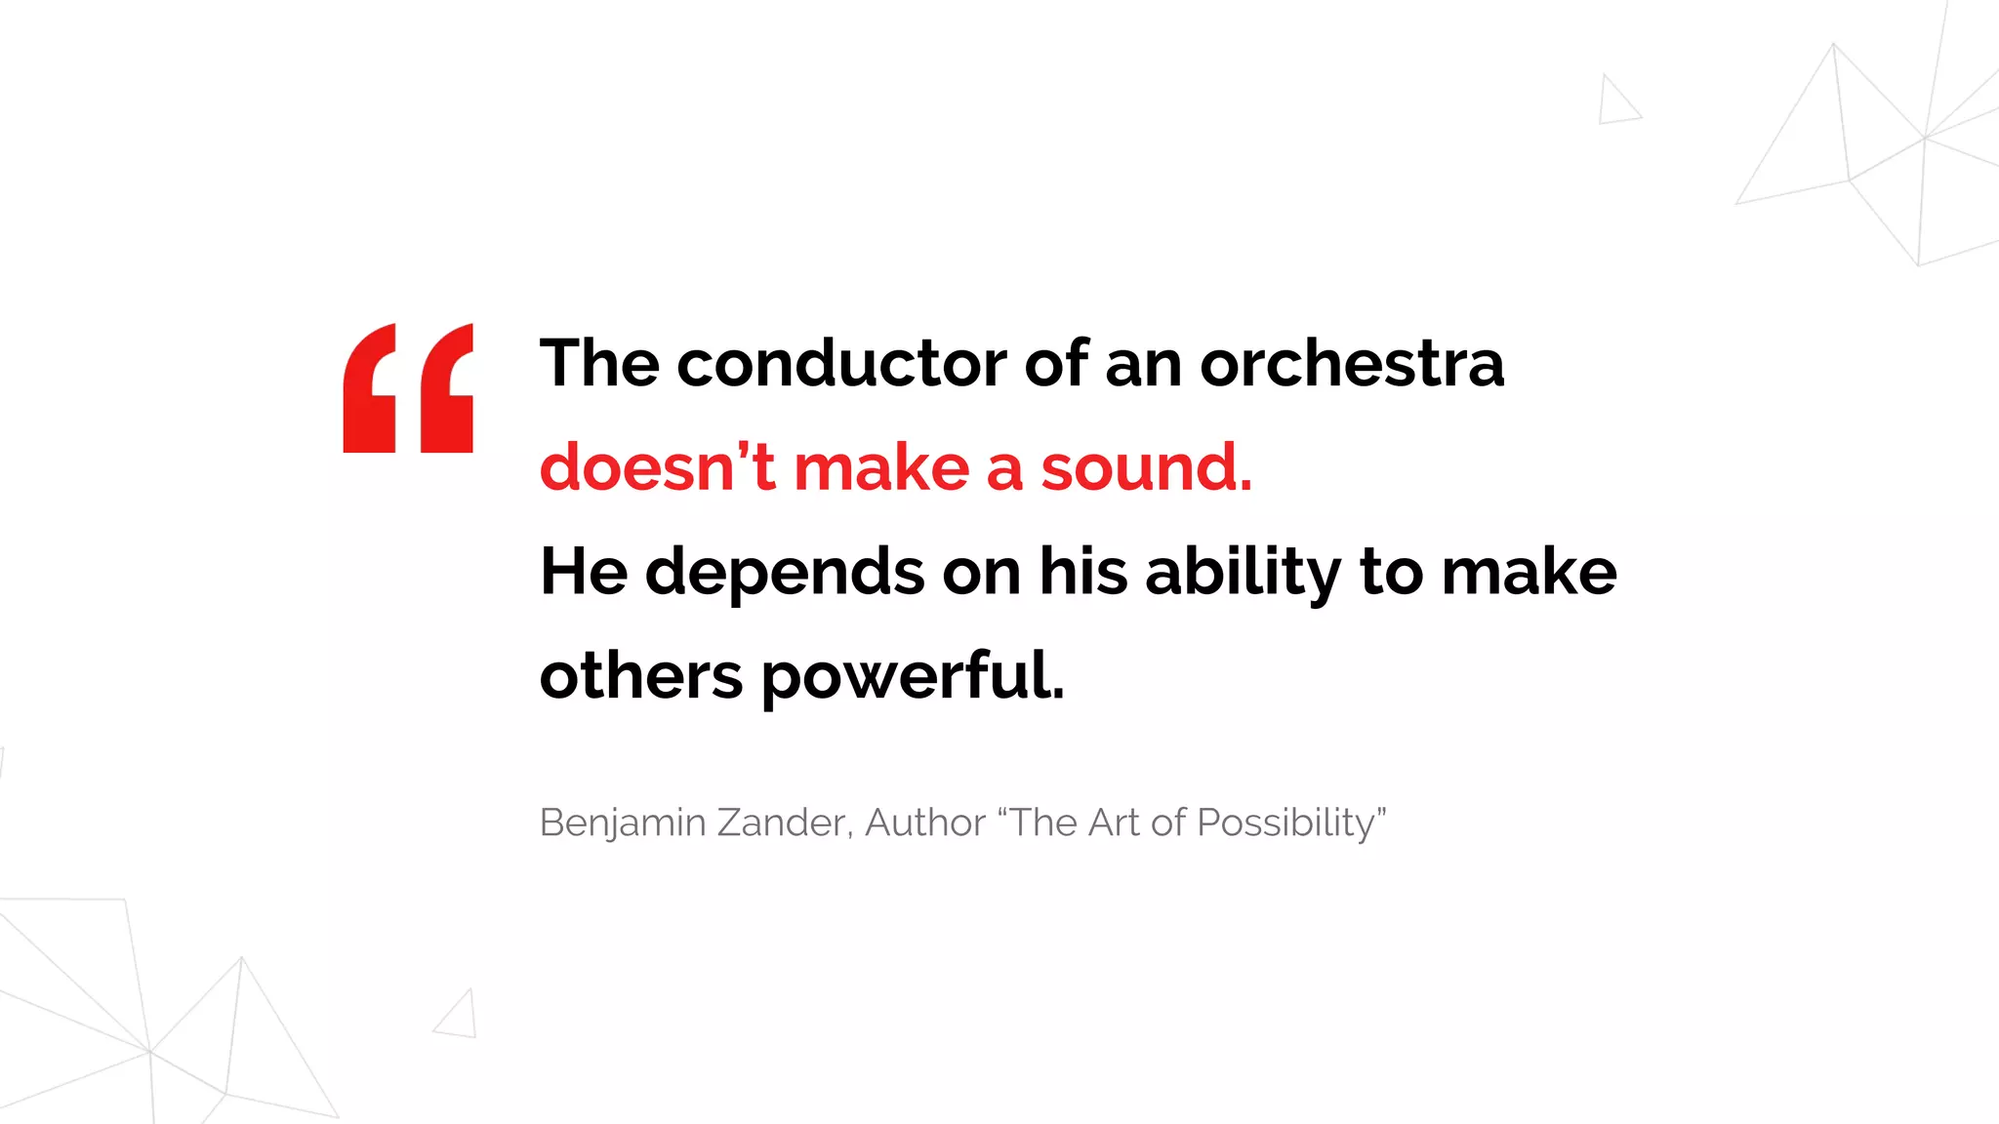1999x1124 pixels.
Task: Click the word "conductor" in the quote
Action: coord(841,364)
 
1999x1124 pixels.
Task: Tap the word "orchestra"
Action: coord(1352,364)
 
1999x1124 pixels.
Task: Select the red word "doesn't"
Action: coord(657,467)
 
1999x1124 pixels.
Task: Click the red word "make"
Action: coord(881,467)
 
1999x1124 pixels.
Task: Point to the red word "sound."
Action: coord(1146,467)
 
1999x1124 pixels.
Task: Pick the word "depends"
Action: coord(784,573)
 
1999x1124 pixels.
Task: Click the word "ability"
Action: coord(1243,573)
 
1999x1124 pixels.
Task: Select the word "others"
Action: coord(640,676)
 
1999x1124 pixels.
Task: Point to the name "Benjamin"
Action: coord(622,823)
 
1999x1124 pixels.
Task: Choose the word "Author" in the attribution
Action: coord(924,823)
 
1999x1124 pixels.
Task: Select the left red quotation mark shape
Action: coord(370,390)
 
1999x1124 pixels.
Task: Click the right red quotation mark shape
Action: coord(447,390)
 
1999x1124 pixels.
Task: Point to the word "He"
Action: coord(583,572)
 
